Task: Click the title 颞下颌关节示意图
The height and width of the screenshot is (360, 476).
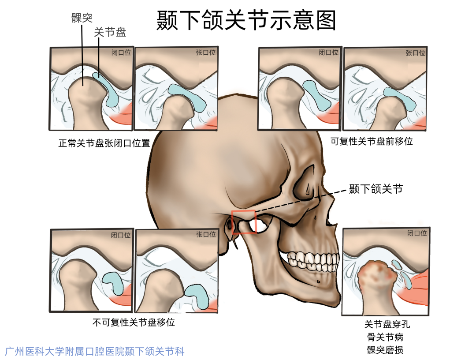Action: [246, 21]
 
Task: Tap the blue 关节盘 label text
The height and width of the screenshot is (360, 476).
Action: [110, 32]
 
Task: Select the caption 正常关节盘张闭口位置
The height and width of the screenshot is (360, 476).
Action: [104, 143]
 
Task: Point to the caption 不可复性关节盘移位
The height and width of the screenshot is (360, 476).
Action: [134, 322]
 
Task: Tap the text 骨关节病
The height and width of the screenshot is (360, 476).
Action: [385, 337]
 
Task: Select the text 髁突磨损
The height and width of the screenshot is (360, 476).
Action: [385, 350]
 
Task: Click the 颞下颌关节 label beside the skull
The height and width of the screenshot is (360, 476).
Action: [376, 189]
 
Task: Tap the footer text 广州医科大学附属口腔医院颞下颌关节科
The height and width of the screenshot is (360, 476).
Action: [95, 351]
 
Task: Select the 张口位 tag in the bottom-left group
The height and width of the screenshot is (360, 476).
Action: [206, 235]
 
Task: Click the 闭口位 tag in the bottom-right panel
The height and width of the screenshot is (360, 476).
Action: [417, 233]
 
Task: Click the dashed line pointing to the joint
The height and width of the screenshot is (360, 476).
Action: [300, 200]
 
